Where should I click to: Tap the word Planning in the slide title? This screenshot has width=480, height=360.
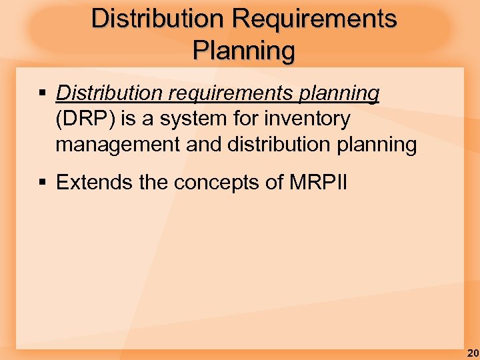[x=243, y=51]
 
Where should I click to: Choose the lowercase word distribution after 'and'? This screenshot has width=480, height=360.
[x=277, y=144]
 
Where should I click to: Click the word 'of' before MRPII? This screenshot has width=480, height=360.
[x=275, y=183]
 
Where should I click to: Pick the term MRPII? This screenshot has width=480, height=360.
[x=319, y=183]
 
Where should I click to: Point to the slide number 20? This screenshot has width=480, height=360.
[x=473, y=353]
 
